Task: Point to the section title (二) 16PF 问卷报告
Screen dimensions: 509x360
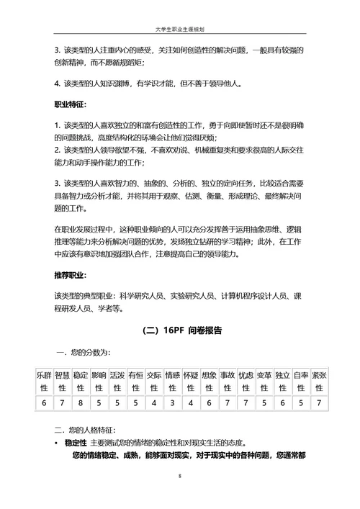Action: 179,330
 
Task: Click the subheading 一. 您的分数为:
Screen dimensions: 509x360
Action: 84,353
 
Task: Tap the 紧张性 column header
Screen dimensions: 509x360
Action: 319,381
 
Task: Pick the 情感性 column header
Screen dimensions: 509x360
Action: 172,381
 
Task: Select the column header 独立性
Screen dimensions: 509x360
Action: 282,381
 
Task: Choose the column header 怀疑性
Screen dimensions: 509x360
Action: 190,381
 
